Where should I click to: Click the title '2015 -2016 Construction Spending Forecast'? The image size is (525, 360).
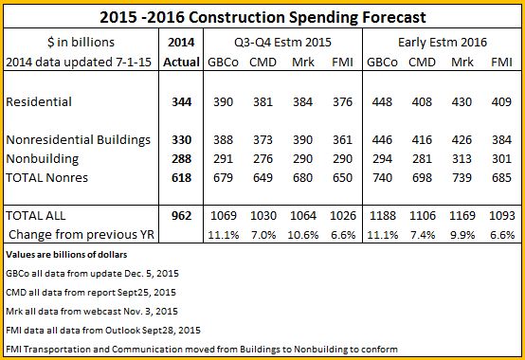pyautogui.click(x=262, y=17)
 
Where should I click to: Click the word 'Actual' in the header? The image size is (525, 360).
pyautogui.click(x=181, y=62)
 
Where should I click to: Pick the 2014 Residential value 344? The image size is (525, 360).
pyautogui.click(x=181, y=101)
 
